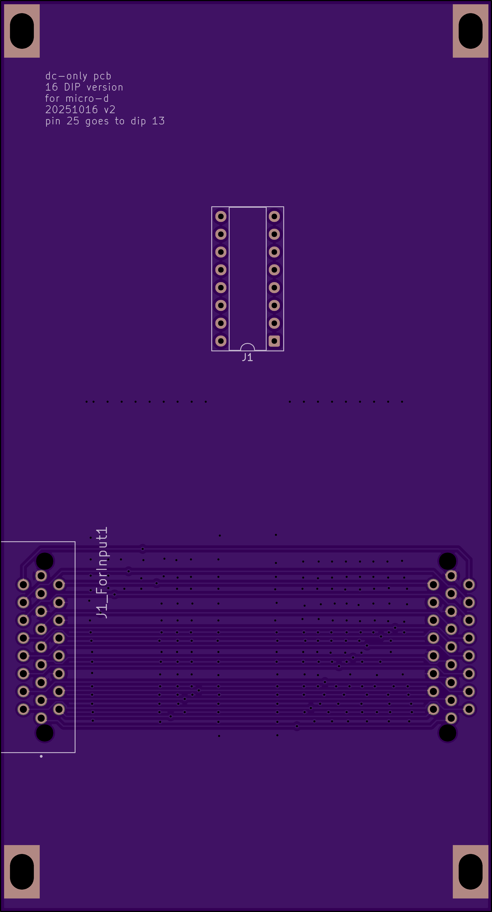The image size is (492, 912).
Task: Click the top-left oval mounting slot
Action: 22,31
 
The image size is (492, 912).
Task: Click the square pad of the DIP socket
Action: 274,341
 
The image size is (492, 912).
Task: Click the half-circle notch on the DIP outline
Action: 247,347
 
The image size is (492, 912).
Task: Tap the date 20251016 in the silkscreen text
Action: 71,110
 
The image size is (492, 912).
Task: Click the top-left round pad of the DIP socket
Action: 221,216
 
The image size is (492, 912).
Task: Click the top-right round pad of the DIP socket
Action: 274,216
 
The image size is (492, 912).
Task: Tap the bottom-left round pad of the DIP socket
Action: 221,341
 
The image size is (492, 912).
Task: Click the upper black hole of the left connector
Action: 45,561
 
